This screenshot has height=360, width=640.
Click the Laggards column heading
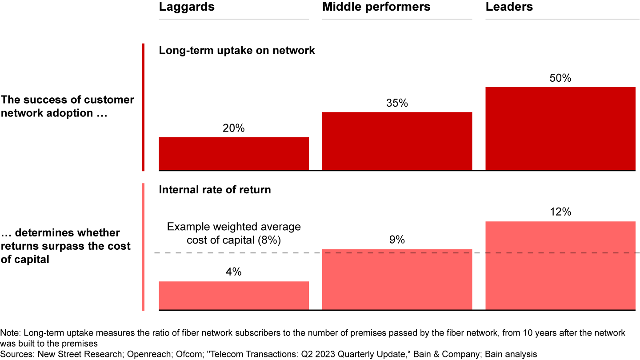pos(187,7)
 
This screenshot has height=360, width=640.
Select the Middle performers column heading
pos(376,7)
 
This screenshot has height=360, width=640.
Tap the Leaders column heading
pos(509,7)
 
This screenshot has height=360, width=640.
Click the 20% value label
pos(233,128)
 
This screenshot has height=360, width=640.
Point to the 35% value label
pos(397,103)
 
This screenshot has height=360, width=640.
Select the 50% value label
pos(560,78)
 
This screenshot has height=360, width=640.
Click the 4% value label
pos(233,272)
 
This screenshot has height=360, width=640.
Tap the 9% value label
pos(397,240)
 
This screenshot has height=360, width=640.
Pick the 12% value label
pos(560,212)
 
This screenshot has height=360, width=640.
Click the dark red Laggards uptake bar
pos(233,153)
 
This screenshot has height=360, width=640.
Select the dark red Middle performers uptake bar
pos(397,141)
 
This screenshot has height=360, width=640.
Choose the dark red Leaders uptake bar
pos(560,128)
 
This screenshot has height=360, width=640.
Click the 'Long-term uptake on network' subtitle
pos(237,51)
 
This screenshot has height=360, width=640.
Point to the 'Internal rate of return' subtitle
pos(215,190)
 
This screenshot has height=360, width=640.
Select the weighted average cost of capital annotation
pos(234,233)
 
